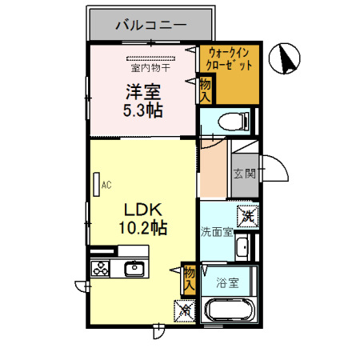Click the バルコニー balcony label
[150, 26]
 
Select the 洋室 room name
[143, 90]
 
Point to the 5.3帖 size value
[143, 110]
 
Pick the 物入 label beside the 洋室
[205, 88]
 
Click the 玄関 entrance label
[244, 173]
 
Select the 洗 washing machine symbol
[248, 215]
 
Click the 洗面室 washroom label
[216, 233]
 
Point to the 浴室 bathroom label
[227, 282]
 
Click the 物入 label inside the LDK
[190, 278]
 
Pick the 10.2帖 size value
[144, 228]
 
